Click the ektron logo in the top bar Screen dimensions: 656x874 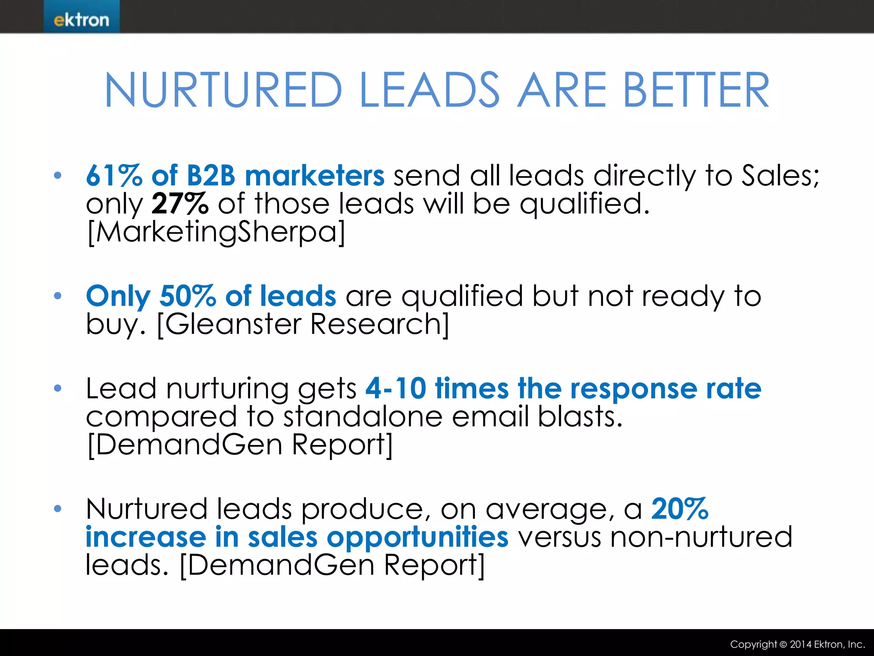tap(81, 20)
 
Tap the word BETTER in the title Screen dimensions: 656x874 tap(696, 90)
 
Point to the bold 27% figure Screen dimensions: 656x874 tap(180, 203)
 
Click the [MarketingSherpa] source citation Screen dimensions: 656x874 tap(216, 232)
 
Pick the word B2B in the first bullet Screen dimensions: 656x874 tap(211, 176)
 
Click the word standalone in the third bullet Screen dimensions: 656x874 tap(363, 416)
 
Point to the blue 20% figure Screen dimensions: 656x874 tap(680, 509)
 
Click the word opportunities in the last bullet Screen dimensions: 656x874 tap(417, 537)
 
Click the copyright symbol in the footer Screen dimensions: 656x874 tap(783, 644)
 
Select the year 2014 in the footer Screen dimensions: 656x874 tap(800, 644)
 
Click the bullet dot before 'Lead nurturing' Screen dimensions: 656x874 tap(58, 388)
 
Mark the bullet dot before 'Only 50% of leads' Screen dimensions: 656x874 tap(58, 296)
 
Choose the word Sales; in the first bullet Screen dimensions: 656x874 tap(781, 176)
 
